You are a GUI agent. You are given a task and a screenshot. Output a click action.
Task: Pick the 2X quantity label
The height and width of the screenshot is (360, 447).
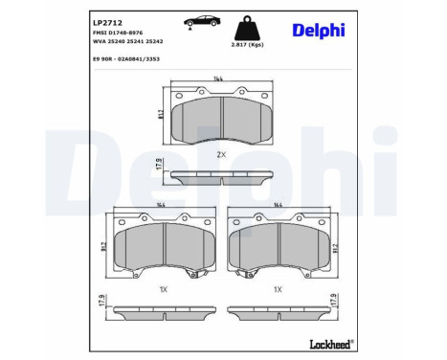click(220, 155)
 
